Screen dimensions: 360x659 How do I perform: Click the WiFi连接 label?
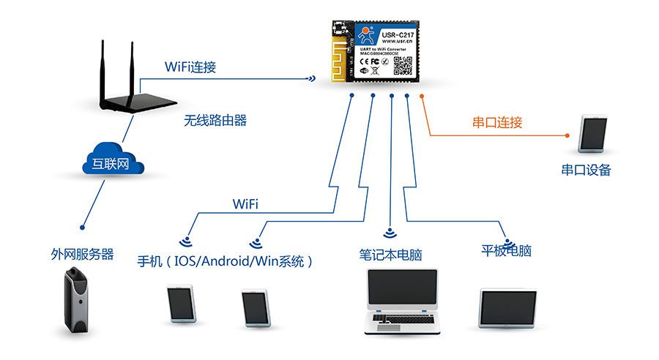(190, 67)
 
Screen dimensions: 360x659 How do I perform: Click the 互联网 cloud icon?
(111, 163)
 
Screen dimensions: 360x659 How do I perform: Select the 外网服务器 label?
(83, 255)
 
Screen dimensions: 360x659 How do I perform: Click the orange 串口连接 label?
(497, 122)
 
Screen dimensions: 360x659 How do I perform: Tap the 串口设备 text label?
(586, 170)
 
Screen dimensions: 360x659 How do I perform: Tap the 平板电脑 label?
(506, 251)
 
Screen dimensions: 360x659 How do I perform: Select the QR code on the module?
(404, 66)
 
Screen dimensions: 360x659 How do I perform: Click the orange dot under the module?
(422, 97)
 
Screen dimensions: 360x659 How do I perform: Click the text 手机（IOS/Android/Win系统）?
(226, 260)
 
